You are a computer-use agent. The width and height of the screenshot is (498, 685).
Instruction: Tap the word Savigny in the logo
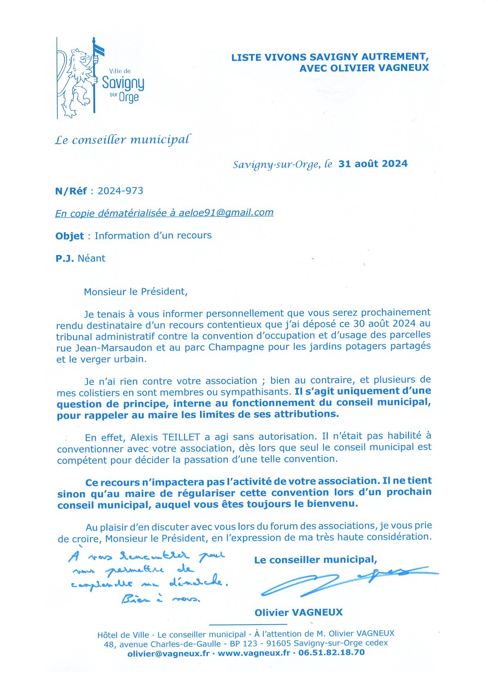click(x=123, y=83)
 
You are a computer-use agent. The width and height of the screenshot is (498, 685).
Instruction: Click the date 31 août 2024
click(x=373, y=164)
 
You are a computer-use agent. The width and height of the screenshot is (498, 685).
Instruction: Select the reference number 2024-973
click(x=120, y=191)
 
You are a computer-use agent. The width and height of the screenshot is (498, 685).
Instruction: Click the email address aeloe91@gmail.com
click(x=226, y=212)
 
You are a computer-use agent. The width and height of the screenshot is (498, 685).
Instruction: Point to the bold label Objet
click(x=70, y=236)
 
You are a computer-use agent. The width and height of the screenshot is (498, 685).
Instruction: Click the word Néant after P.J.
click(x=91, y=258)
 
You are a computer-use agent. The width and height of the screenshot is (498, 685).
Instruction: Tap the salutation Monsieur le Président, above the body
click(x=136, y=292)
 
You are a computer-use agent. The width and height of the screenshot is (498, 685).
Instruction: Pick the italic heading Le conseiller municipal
click(x=123, y=139)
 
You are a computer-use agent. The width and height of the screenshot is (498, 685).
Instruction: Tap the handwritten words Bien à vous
click(x=161, y=599)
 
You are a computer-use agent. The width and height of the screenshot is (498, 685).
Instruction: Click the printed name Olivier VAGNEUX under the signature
click(x=298, y=612)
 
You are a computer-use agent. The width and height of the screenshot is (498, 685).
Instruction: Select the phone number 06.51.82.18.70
click(x=331, y=653)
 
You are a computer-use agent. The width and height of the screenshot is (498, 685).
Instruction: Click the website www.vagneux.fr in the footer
click(x=254, y=653)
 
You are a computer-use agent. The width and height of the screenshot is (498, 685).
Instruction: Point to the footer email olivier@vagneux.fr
click(x=168, y=653)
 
